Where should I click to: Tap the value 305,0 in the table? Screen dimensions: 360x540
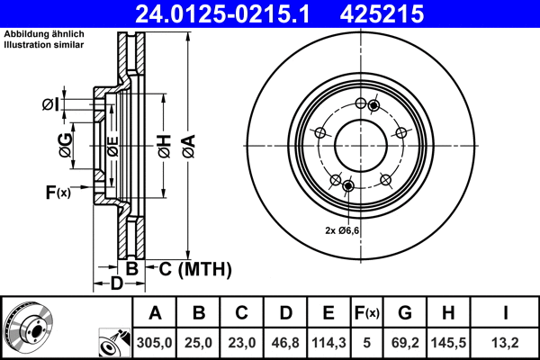[x=155, y=342]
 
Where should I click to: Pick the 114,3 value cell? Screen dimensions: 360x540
[x=328, y=342]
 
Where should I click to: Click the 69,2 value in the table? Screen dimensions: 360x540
[x=405, y=342]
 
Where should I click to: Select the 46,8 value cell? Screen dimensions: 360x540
[x=284, y=342]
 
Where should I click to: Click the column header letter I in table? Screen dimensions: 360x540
[x=506, y=313]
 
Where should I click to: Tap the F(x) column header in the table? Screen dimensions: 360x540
[x=366, y=313]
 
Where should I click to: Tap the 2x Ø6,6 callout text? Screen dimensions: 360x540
[x=342, y=230]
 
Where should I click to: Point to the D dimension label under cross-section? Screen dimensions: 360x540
[x=116, y=284]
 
